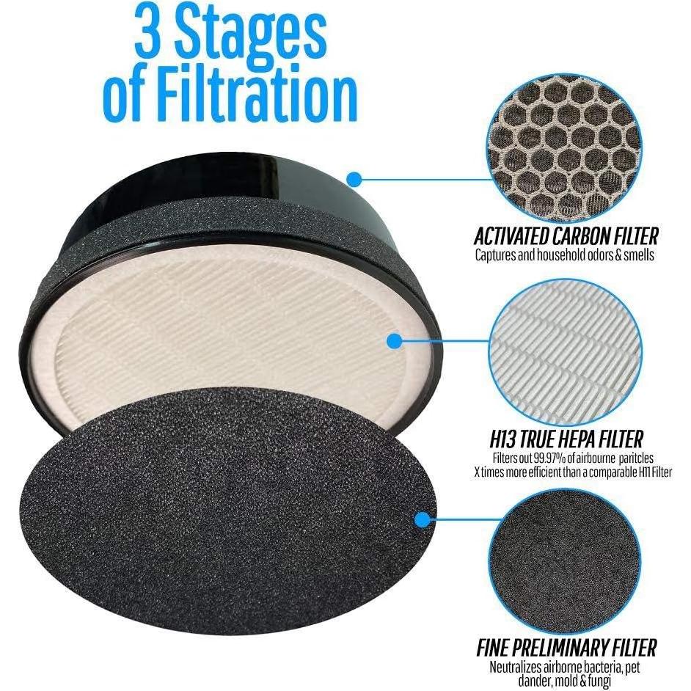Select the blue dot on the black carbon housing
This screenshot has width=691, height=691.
coord(355,178)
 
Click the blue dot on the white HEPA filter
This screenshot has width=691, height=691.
coord(394,340)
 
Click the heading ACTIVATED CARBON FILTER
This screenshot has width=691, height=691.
coord(566,236)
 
